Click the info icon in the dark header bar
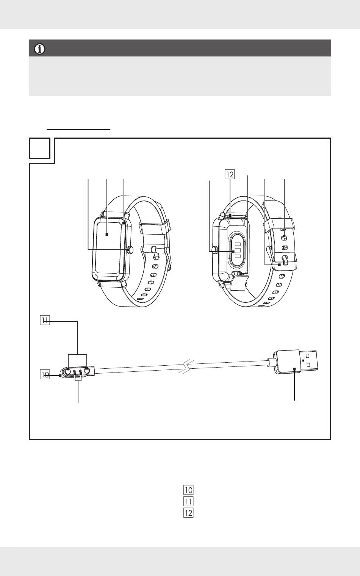40,49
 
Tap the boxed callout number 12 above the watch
230,174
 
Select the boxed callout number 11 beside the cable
45,321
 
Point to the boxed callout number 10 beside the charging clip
45,374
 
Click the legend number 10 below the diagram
188,490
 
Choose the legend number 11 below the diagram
188,501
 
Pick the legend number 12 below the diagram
188,513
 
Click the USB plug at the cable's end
295,362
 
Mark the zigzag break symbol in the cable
186,367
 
